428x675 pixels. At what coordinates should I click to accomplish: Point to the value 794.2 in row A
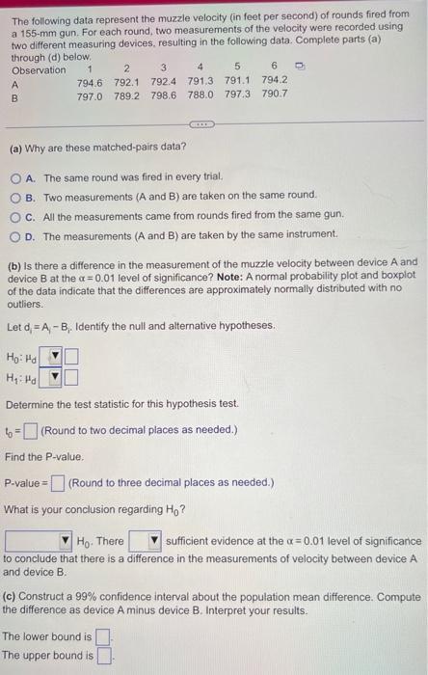pyautogui.click(x=273, y=80)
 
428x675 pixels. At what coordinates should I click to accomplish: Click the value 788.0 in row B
pyautogui.click(x=200, y=94)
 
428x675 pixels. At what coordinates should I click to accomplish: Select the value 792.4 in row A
pyautogui.click(x=163, y=80)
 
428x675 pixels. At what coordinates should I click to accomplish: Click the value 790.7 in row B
pyautogui.click(x=273, y=94)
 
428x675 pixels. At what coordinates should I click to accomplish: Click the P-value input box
pyautogui.click(x=58, y=482)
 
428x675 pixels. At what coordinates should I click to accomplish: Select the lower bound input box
pyautogui.click(x=103, y=636)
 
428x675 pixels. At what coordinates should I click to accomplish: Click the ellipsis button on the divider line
pyautogui.click(x=201, y=124)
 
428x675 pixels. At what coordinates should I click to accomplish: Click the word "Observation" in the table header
pyautogui.click(x=39, y=67)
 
